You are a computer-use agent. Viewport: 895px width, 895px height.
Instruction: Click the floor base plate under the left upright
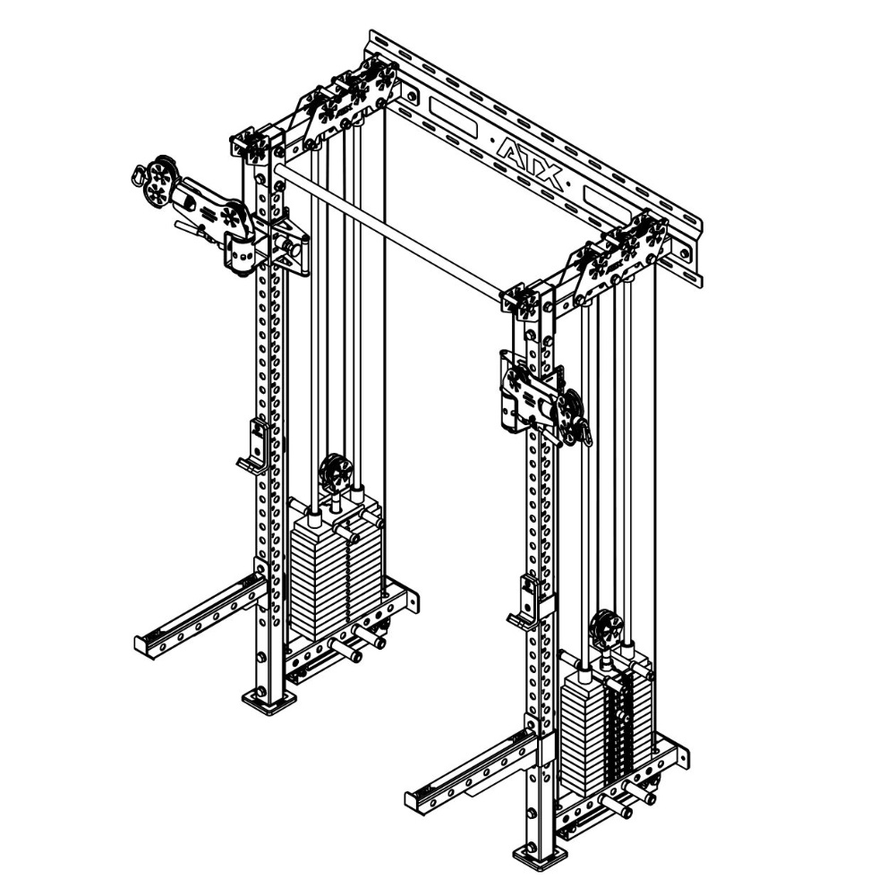pyautogui.click(x=268, y=699)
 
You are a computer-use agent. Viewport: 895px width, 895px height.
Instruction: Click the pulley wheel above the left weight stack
pyautogui.click(x=336, y=472)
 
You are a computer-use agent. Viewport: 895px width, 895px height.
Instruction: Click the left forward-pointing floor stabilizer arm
pyautogui.click(x=197, y=618)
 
